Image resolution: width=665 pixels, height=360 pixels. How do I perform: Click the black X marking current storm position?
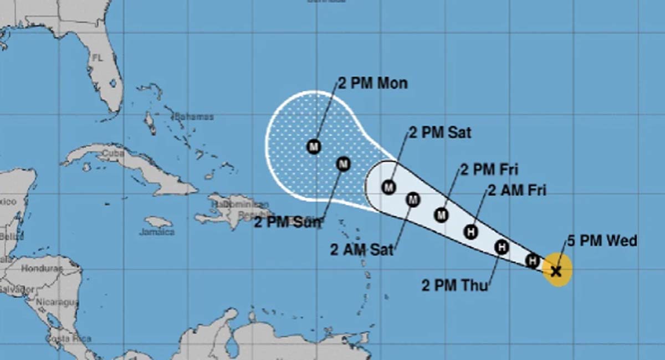point(556,271)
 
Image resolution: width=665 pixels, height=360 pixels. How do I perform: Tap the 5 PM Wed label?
point(602,241)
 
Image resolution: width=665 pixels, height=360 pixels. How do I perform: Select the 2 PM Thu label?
point(454,286)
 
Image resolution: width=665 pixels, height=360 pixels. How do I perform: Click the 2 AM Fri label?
point(517,191)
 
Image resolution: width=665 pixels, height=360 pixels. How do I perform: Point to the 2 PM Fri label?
point(489,169)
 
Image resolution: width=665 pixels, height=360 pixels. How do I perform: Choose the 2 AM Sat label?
point(362,250)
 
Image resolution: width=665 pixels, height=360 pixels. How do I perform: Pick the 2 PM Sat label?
point(440,132)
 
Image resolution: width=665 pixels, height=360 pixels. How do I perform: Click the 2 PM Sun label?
point(288,222)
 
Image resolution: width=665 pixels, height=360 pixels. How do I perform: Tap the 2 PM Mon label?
point(372,84)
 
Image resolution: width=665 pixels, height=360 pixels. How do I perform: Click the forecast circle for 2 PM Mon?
point(314,147)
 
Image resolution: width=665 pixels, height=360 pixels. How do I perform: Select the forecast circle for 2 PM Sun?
point(344,164)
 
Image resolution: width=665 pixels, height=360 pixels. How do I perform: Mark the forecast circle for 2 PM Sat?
point(388,187)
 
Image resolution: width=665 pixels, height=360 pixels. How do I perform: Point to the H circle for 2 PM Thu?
point(502,247)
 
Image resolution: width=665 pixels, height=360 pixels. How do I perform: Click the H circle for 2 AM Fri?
point(471,232)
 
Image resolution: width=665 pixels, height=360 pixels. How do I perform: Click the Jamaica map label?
point(156,232)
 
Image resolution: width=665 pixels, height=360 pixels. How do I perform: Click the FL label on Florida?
point(98,58)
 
